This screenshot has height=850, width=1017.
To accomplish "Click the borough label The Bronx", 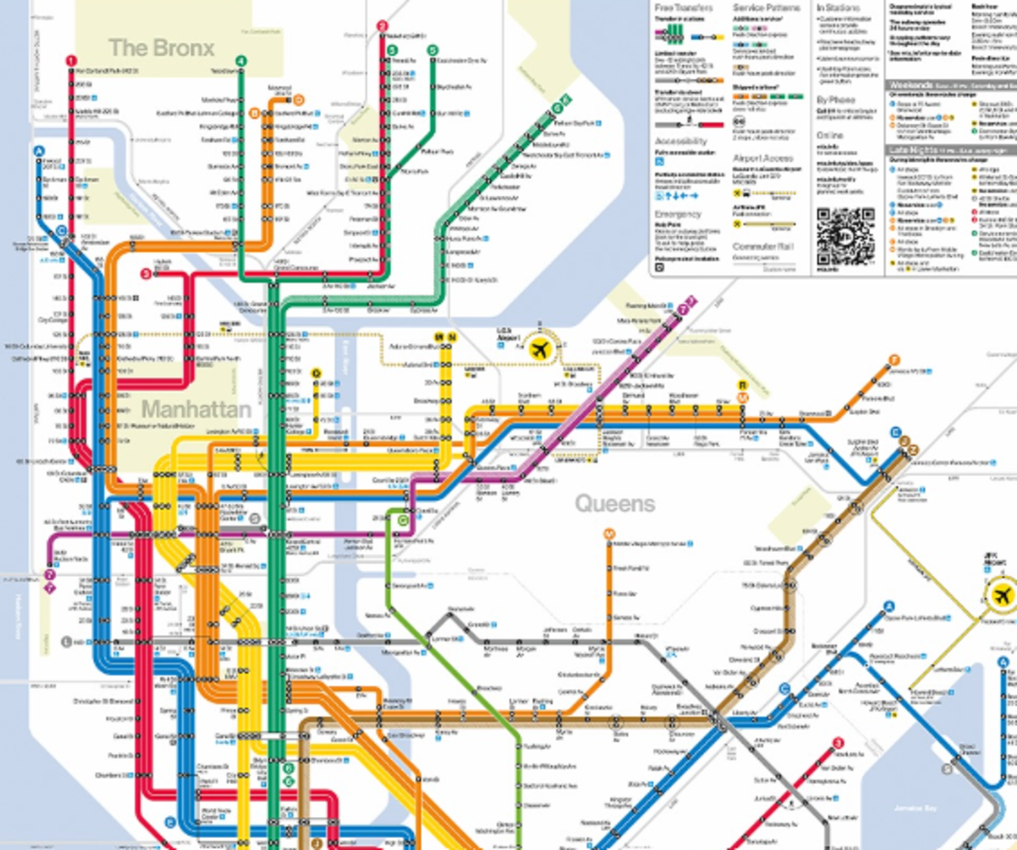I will pos(161,48).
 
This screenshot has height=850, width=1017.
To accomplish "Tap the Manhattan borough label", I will pos(196,410).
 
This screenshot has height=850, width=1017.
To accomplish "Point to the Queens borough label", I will pos(615,504).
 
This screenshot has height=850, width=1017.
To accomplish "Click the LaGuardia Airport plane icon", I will pos(539,348).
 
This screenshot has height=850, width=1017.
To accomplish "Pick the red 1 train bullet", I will pos(71,61).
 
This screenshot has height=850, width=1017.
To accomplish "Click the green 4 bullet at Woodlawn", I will pos(242,61).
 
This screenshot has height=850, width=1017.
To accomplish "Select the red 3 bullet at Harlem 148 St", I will pos(147,274).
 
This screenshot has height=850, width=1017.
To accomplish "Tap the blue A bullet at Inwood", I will pos(38,151).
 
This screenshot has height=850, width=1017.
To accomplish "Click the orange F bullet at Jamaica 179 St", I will pos(893,360).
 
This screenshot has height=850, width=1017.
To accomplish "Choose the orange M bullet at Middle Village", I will pos(608,534).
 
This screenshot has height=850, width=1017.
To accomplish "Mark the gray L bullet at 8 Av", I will pos(67,640).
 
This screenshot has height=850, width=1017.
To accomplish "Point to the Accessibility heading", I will pos(681,141).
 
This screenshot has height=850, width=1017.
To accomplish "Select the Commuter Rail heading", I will pos(759,247).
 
